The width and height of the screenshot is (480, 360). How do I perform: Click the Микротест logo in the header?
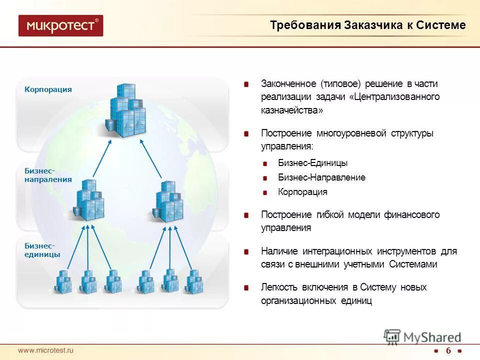tap(60, 25)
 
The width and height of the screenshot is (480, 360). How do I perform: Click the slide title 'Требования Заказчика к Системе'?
tap(367, 25)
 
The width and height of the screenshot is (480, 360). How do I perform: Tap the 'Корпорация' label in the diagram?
tap(48, 89)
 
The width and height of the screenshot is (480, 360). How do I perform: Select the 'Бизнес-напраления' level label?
tap(48, 175)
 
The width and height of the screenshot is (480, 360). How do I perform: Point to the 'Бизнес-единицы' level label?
tap(42, 250)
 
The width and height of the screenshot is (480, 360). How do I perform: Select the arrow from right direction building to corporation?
tap(150, 159)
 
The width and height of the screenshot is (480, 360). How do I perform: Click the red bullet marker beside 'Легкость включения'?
tap(246, 288)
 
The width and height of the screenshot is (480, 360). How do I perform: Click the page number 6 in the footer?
tap(448, 350)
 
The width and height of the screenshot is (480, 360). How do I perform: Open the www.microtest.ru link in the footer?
tap(46, 350)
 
